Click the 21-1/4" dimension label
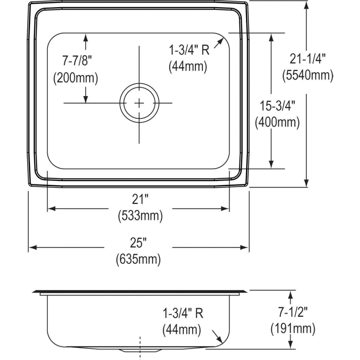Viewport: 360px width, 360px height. [308, 59]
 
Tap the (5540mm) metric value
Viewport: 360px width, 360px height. [308, 75]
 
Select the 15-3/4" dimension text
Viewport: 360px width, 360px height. [277, 106]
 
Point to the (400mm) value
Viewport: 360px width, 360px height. [277, 122]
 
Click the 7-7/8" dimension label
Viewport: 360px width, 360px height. [77, 61]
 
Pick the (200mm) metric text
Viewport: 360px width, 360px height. [76, 78]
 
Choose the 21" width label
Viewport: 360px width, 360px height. [140, 199]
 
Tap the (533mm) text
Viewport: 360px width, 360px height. [140, 216]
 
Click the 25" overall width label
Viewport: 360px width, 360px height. [138, 243]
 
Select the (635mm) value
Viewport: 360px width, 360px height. [138, 260]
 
